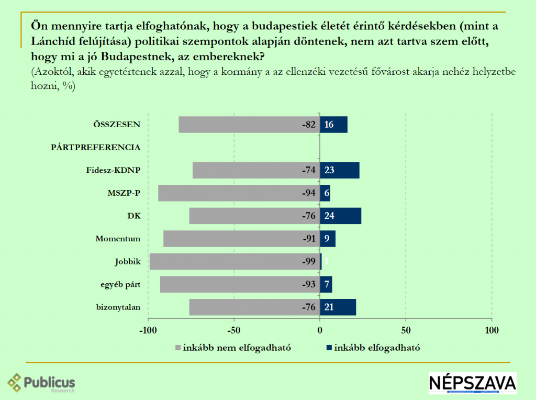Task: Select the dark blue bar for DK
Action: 340,216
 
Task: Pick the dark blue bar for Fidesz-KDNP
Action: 340,170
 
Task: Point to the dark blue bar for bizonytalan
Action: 338,307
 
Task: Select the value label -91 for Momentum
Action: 309,239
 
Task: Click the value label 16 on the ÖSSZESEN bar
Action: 329,125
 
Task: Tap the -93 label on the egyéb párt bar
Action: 309,284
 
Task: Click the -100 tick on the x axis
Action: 148,330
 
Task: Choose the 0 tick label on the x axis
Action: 320,330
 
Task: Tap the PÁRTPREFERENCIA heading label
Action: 96,147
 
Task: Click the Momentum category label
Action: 118,239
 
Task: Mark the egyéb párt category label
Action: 120,284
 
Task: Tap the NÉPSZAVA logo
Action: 472,383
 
